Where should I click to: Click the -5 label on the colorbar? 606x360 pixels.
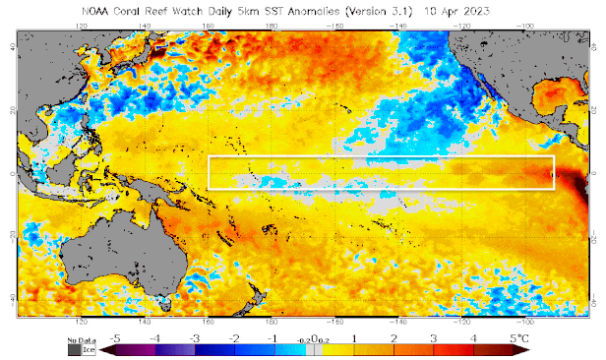click(118, 337)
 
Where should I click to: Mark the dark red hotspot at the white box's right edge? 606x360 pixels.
click(549, 176)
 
